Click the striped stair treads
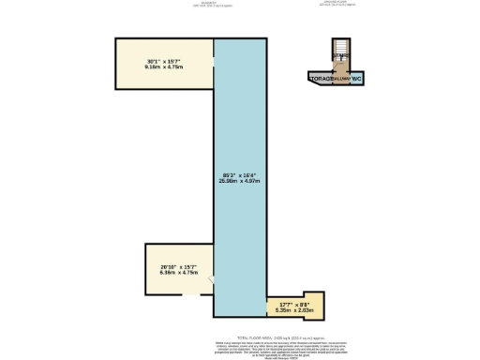[x=340, y=48]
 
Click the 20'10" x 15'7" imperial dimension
[x=175, y=267]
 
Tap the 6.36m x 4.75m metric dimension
[x=175, y=274]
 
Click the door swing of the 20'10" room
[x=211, y=279]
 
